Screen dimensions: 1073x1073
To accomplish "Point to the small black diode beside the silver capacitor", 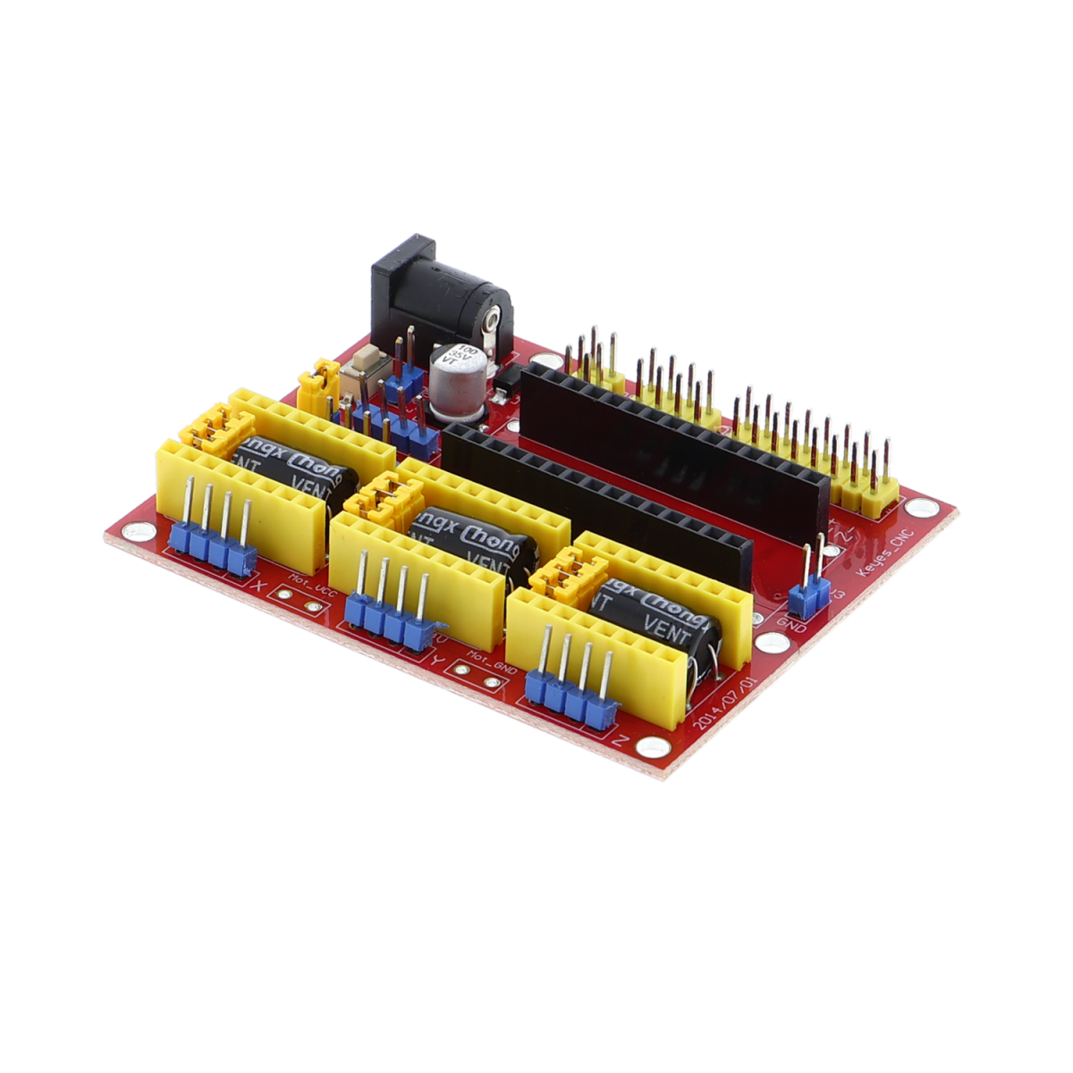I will pos(503,380).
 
